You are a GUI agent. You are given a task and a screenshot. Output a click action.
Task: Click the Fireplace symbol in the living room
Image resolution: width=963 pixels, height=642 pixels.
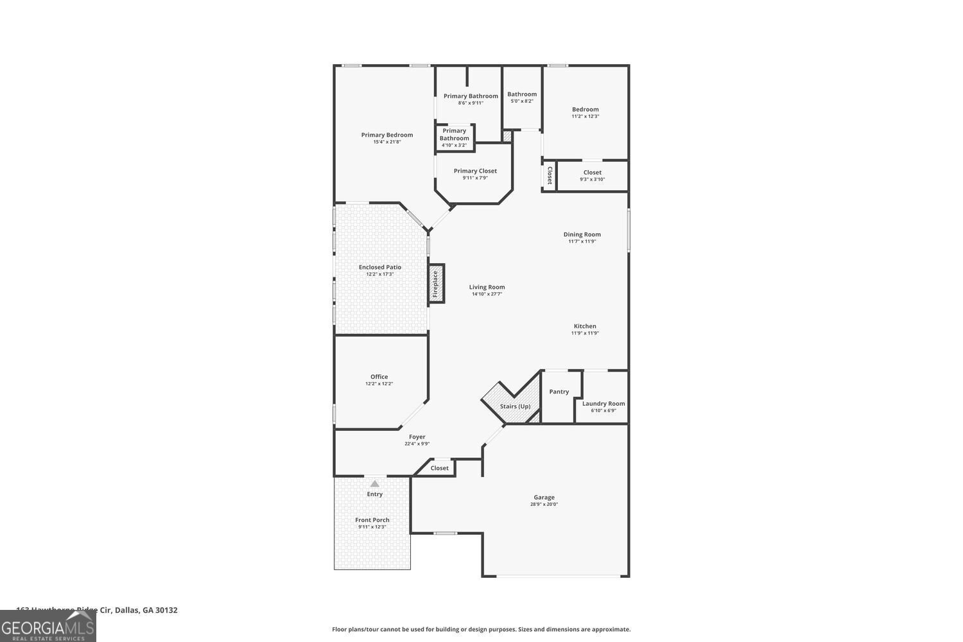click(x=436, y=284)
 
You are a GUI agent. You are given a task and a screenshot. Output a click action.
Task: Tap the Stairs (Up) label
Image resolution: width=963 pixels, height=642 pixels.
click(x=515, y=406)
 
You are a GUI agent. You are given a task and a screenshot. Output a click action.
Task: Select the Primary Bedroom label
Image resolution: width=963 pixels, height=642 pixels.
click(x=386, y=135)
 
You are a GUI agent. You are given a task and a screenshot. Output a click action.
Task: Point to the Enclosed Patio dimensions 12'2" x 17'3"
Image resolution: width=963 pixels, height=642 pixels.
click(x=380, y=274)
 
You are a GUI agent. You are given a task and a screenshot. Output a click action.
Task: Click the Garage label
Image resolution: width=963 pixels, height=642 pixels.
click(x=544, y=498)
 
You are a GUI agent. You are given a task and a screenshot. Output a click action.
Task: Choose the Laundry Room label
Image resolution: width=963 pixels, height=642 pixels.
click(x=603, y=404)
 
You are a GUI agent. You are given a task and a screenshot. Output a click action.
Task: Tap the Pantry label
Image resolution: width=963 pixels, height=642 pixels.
click(x=559, y=392)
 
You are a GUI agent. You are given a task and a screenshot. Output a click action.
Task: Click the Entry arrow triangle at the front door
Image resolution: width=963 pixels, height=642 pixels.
click(x=374, y=483)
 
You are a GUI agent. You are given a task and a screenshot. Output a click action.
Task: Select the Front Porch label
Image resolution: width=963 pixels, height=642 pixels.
click(x=372, y=520)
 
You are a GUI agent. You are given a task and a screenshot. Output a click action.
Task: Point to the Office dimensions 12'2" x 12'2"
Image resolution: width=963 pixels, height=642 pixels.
click(x=379, y=384)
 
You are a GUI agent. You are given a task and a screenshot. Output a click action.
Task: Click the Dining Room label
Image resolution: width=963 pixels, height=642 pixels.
click(x=582, y=234)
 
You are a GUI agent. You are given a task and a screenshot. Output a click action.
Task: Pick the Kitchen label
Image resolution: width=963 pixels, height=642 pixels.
click(x=585, y=326)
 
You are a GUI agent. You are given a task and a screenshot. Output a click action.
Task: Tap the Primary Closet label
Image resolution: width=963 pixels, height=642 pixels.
click(x=475, y=171)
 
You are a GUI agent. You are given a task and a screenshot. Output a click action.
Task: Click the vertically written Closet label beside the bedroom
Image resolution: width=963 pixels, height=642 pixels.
click(x=550, y=175)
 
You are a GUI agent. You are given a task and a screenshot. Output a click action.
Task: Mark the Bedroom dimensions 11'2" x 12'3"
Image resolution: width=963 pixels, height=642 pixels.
click(x=585, y=116)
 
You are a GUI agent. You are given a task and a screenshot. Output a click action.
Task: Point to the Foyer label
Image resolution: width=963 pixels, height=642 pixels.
click(x=417, y=437)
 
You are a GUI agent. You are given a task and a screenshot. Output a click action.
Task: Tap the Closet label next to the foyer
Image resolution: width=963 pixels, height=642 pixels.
click(x=440, y=468)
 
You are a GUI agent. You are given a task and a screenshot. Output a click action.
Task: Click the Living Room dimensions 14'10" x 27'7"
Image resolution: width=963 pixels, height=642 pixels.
click(x=487, y=294)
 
